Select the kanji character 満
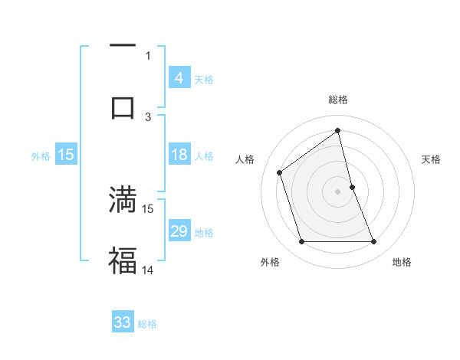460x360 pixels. pyautogui.click(x=123, y=200)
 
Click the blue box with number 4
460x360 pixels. pyautogui.click(x=179, y=78)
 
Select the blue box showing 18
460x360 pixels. pyautogui.click(x=179, y=155)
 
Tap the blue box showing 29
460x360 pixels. pyautogui.click(x=179, y=231)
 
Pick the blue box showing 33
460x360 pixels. pyautogui.click(x=123, y=322)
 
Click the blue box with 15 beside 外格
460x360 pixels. pyautogui.click(x=66, y=155)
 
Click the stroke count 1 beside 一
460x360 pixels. pyautogui.click(x=148, y=55)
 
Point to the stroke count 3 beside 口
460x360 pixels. pyautogui.click(x=148, y=116)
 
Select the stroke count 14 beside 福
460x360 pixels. pyautogui.click(x=148, y=270)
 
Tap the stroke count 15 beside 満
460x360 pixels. pyautogui.click(x=148, y=208)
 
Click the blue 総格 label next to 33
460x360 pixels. pyautogui.click(x=147, y=324)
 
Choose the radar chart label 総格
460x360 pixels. pyautogui.click(x=338, y=100)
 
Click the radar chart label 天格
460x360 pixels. pyautogui.click(x=432, y=159)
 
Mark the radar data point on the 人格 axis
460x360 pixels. pyautogui.click(x=280, y=172)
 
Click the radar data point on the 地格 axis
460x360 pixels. pyautogui.click(x=374, y=242)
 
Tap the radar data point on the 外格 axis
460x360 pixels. pyautogui.click(x=301, y=242)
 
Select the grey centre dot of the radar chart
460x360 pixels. pyautogui.click(x=338, y=191)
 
